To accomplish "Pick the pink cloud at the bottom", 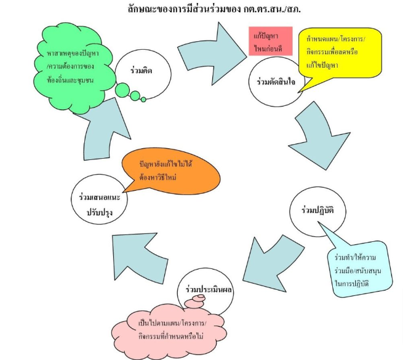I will (x=172, y=326).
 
